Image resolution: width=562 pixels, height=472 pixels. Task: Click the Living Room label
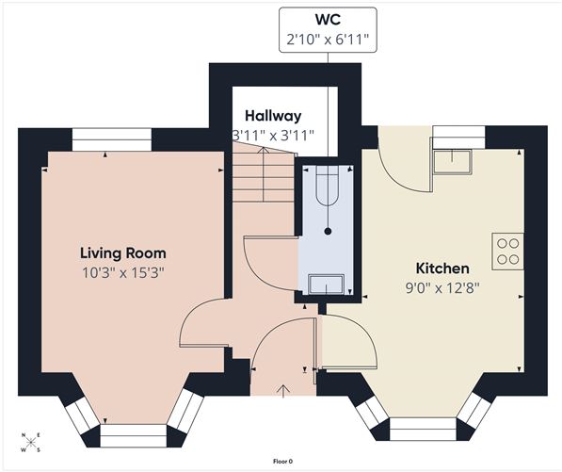122,252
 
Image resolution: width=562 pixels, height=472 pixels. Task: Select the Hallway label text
273,115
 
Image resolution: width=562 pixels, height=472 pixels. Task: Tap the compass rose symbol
31,441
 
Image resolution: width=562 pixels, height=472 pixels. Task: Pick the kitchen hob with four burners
506,250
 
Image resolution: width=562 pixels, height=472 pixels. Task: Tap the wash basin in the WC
327,283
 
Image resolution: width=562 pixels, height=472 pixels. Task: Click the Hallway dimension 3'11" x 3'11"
273,136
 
